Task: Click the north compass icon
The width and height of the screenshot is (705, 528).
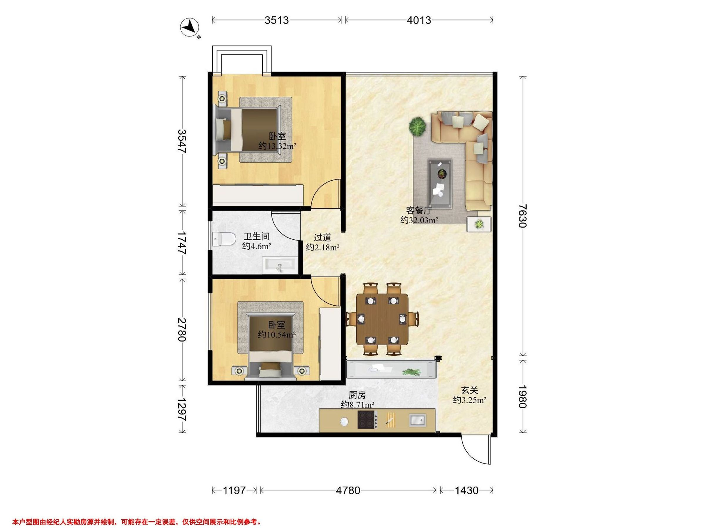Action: (x=190, y=28)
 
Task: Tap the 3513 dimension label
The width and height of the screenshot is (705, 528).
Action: (x=276, y=20)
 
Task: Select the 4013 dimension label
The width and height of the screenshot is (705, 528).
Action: (x=419, y=20)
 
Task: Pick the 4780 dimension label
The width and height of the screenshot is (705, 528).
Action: (x=348, y=490)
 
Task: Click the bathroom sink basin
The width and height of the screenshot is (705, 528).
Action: (x=280, y=266)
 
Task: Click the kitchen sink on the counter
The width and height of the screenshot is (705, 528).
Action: (x=417, y=420)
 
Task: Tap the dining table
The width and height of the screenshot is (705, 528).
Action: (x=382, y=319)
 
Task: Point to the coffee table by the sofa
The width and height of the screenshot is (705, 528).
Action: (x=440, y=184)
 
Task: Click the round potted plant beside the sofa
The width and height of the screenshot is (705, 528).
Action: (x=417, y=126)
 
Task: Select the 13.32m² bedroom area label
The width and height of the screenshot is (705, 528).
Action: (x=277, y=146)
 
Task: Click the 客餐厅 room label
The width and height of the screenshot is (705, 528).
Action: (x=419, y=210)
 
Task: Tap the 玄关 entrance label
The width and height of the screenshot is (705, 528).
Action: (x=469, y=390)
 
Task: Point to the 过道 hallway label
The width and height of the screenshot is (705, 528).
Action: (x=323, y=237)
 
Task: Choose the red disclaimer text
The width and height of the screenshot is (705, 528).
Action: (x=137, y=513)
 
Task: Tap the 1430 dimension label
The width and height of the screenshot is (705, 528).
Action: (x=466, y=490)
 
